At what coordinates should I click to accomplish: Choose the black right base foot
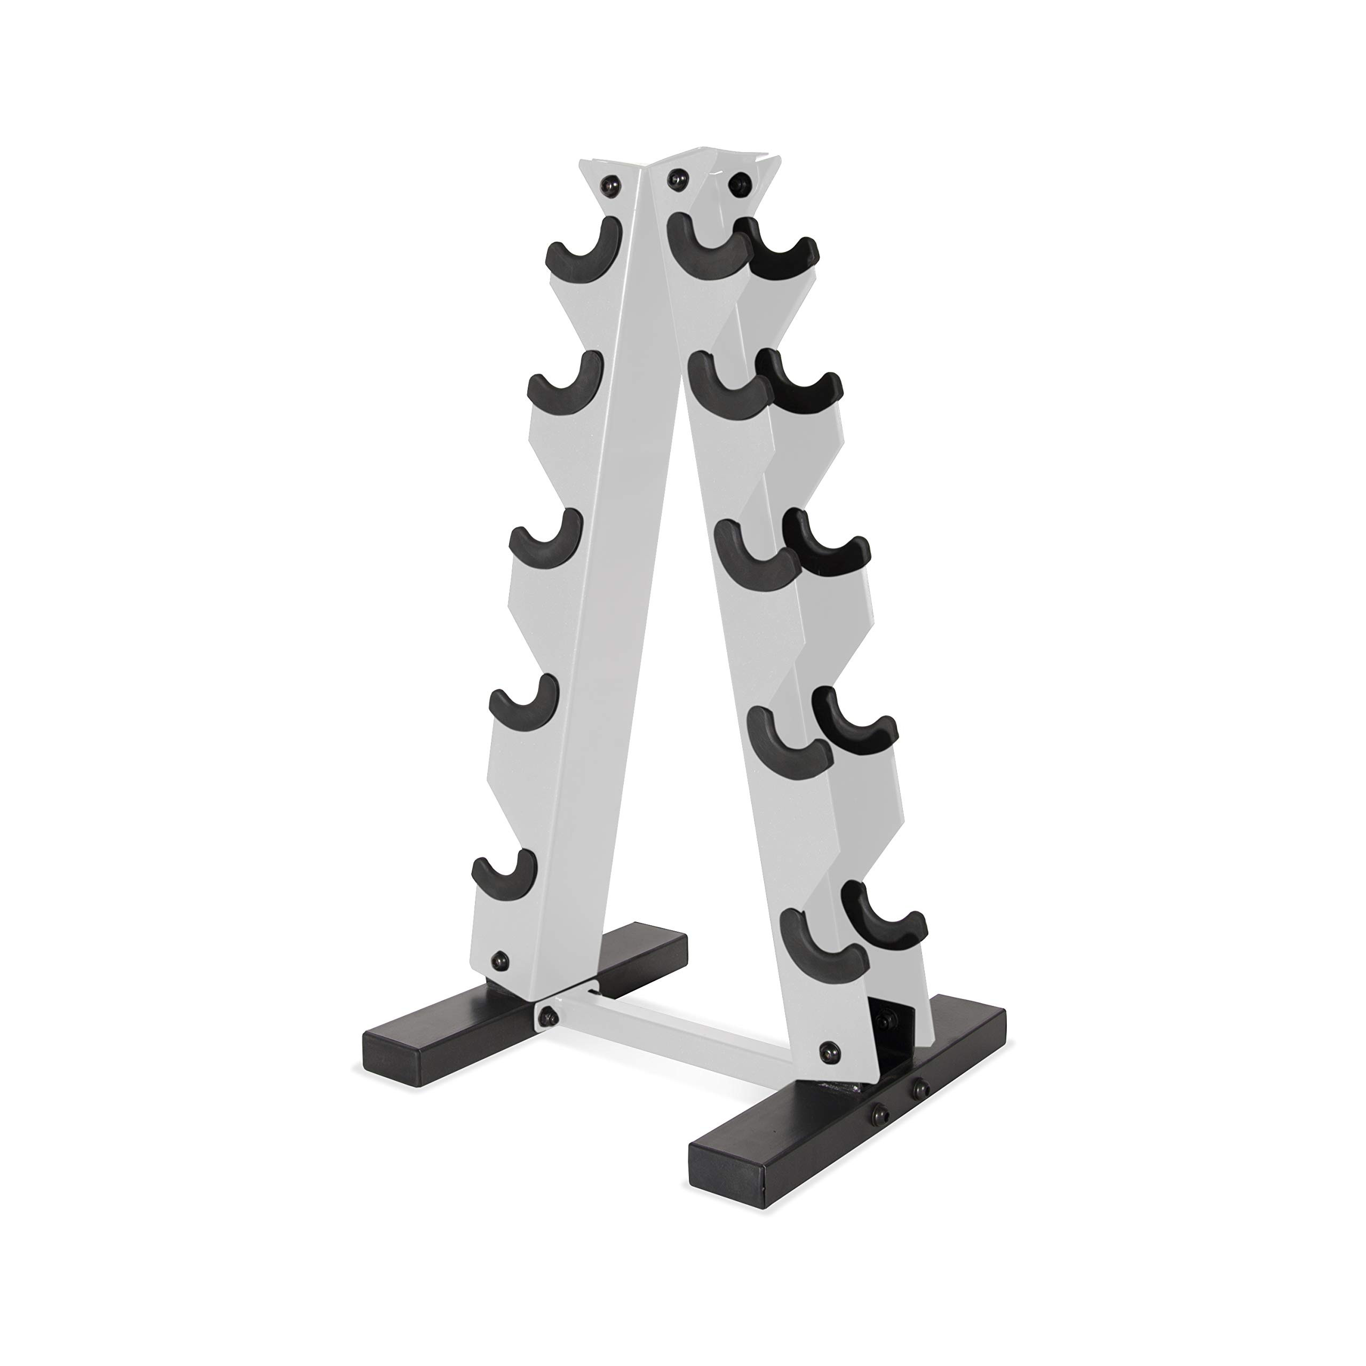(x=848, y=1159)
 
